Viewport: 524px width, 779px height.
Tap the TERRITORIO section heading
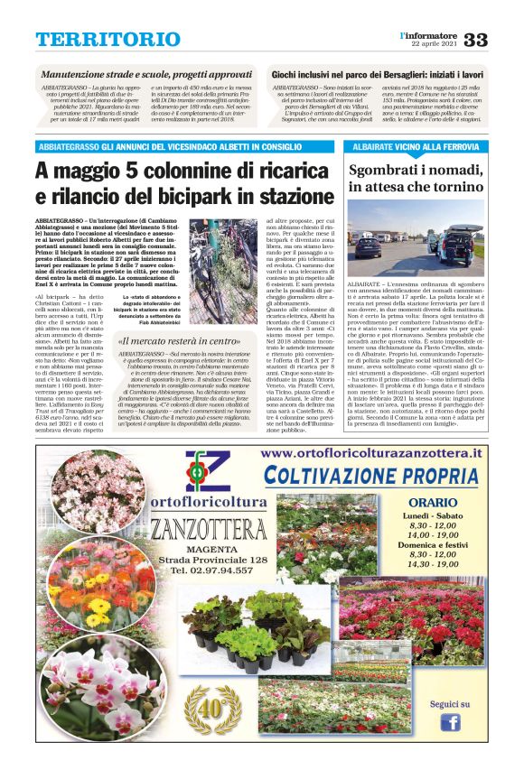click(x=96, y=40)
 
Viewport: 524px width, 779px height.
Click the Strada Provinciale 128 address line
click(x=214, y=560)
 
